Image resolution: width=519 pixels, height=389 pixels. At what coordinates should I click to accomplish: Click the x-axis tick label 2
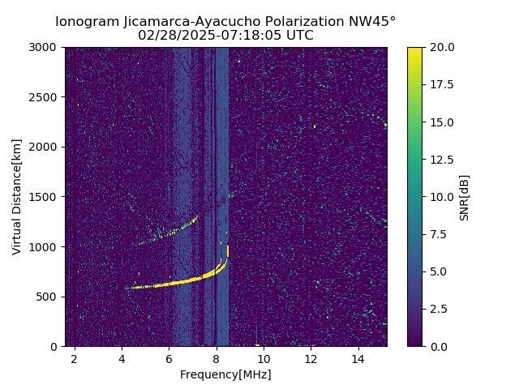pyautogui.click(x=75, y=359)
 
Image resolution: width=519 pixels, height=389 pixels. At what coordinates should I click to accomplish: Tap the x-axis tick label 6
pyautogui.click(x=169, y=359)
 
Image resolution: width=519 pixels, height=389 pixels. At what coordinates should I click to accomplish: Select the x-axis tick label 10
pyautogui.click(x=264, y=359)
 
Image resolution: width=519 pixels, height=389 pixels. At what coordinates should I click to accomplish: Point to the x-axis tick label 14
pyautogui.click(x=358, y=359)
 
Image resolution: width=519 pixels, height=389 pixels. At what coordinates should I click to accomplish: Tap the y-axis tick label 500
pyautogui.click(x=47, y=297)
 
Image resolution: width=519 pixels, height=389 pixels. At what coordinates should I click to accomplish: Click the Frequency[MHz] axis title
pyautogui.click(x=225, y=374)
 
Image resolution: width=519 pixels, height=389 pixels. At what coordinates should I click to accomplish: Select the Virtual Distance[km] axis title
pyautogui.click(x=17, y=197)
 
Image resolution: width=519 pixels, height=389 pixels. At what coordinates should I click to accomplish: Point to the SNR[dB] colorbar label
pyautogui.click(x=465, y=197)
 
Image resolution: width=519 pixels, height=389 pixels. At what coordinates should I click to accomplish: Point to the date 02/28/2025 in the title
pyautogui.click(x=173, y=36)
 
